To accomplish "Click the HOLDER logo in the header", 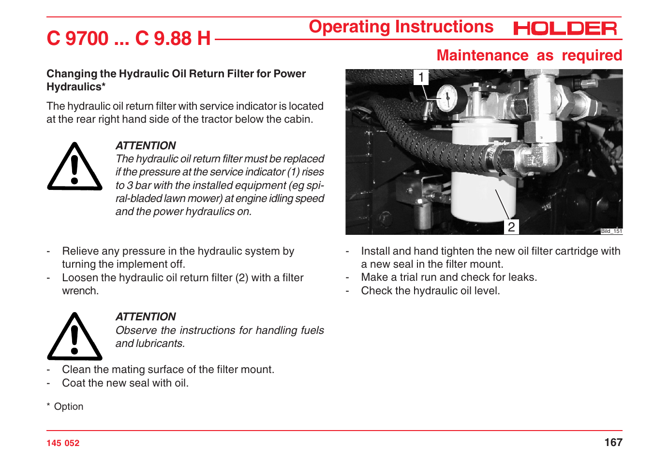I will [565, 29].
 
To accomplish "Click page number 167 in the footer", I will [613, 442].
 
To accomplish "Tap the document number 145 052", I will [63, 443].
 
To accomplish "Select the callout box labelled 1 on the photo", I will [421, 77].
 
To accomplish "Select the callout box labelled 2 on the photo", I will [511, 227].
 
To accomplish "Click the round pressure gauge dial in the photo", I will [447, 98].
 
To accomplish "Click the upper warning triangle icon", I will [74, 167].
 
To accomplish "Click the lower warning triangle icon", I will [74, 337].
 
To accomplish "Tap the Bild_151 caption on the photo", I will [611, 231].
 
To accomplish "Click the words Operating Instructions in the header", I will [401, 27].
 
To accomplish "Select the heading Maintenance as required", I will [529, 56].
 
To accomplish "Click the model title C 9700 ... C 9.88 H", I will [129, 38].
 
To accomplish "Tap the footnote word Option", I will [69, 406].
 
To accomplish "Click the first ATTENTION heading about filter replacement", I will [146, 145].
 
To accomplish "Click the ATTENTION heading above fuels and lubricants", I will [146, 317].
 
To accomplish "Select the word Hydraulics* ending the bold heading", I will [76, 87].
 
